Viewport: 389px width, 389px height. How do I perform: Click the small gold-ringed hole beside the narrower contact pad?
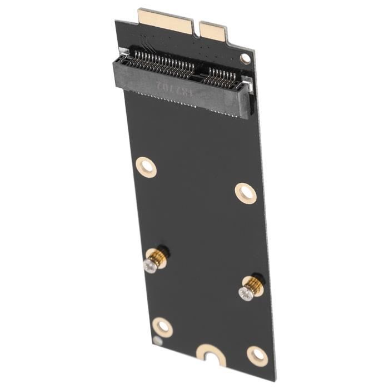pos(245,58)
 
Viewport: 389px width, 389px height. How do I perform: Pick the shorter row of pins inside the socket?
pos(221,77)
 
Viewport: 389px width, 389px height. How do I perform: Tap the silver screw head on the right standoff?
pos(245,293)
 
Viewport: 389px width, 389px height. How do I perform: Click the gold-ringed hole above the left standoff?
pos(146,166)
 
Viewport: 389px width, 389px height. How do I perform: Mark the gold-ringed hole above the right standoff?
pos(246,193)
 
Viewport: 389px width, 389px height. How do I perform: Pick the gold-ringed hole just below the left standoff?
pos(162,327)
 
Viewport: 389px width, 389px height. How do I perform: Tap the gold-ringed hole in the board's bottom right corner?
pos(257,355)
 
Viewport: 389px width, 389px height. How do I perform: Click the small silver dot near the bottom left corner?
pos(158,341)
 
